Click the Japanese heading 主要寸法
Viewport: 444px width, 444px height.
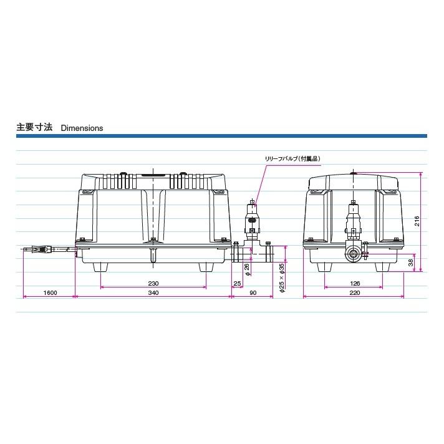(34, 128)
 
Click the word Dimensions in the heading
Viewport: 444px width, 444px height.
(82, 128)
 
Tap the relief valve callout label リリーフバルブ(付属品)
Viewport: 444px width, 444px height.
(292, 159)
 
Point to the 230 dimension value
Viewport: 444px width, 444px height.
(153, 283)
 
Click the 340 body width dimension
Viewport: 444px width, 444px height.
(153, 292)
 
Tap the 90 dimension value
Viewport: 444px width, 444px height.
(253, 292)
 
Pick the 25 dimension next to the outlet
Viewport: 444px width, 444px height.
(236, 283)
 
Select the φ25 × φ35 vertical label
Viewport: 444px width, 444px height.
(281, 278)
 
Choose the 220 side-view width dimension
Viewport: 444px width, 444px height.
(354, 292)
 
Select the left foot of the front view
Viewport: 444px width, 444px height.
(102, 267)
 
